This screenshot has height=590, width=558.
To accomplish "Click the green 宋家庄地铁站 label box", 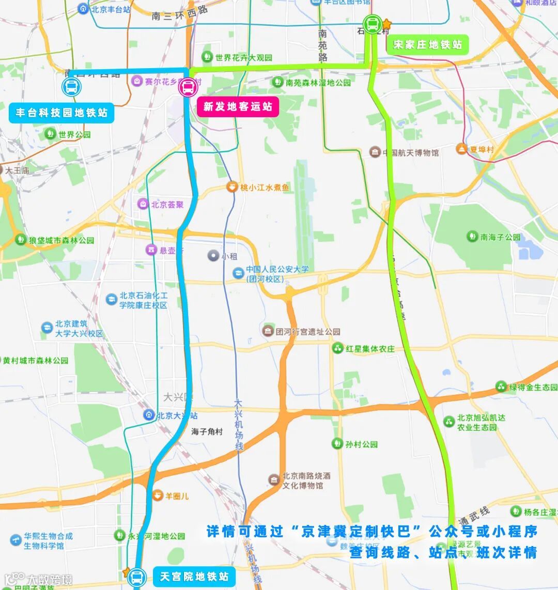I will pyautogui.click(x=427, y=44).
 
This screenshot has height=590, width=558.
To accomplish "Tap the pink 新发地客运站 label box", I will pyautogui.click(x=238, y=106).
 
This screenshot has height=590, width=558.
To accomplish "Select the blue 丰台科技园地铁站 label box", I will pyautogui.click(x=61, y=113).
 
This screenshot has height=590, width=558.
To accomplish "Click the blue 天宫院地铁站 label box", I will pyautogui.click(x=194, y=577).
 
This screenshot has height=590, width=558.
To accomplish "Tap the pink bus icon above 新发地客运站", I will pyautogui.click(x=187, y=87).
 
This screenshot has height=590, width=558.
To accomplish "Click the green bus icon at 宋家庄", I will pyautogui.click(x=372, y=24).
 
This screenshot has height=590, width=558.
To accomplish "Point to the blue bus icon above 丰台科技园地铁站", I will pyautogui.click(x=71, y=87).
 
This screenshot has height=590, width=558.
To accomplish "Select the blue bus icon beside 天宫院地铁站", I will pyautogui.click(x=136, y=577).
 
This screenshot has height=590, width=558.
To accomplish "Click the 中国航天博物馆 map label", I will pyautogui.click(x=410, y=152).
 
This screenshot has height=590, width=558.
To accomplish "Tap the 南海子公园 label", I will pyautogui.click(x=500, y=237).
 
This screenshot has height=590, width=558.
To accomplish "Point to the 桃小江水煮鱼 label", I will pyautogui.click(x=265, y=188).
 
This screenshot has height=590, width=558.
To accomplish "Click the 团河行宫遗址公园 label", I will pyautogui.click(x=307, y=332).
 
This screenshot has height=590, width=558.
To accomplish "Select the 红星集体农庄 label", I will pyautogui.click(x=370, y=349).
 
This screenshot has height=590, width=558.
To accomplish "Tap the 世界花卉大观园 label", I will pyautogui.click(x=243, y=58).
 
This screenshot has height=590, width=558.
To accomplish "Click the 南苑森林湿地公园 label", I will pyautogui.click(x=318, y=83).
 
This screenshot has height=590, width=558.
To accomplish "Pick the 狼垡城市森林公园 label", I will pyautogui.click(x=61, y=240).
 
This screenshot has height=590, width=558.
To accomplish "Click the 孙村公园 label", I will pyautogui.click(x=362, y=444).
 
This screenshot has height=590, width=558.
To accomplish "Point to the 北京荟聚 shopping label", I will pyautogui.click(x=167, y=205).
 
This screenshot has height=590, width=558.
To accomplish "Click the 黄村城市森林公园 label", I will pyautogui.click(x=35, y=361).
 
